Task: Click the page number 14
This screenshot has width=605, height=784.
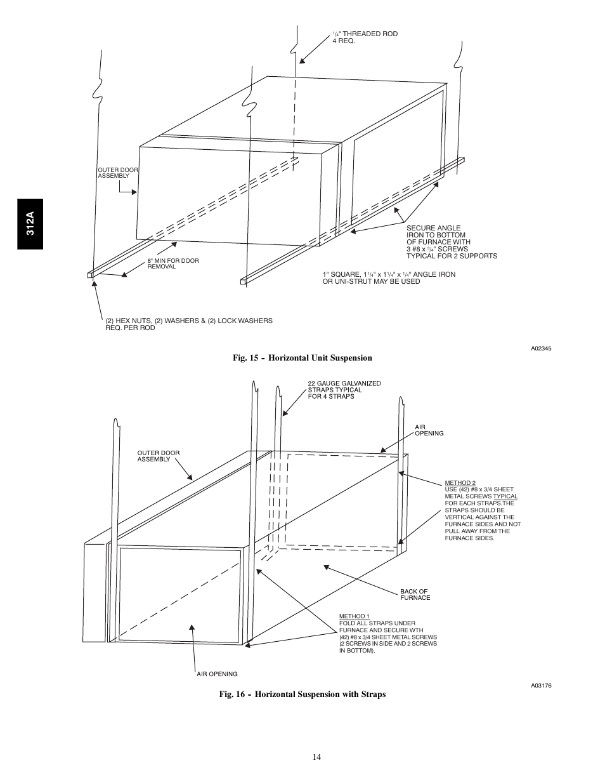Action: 316,756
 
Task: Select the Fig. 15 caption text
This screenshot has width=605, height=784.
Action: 302,358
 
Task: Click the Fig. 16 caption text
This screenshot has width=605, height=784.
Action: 302,694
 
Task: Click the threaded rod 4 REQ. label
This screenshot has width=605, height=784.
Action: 365,37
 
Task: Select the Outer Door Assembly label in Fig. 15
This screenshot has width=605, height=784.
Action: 117,173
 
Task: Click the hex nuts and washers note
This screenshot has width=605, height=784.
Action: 188,324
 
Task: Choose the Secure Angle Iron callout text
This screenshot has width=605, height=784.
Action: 451,242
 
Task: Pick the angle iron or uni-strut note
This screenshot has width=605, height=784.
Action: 389,278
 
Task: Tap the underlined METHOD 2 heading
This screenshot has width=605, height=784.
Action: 460,483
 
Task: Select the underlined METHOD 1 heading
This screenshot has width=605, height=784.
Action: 354,616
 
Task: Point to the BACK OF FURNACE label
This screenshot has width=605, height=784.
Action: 415,594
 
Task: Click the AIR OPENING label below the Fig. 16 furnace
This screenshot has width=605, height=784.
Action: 217,674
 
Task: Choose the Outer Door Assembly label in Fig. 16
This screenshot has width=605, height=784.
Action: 159,456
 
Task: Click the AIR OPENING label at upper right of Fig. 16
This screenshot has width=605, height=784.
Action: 429,430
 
